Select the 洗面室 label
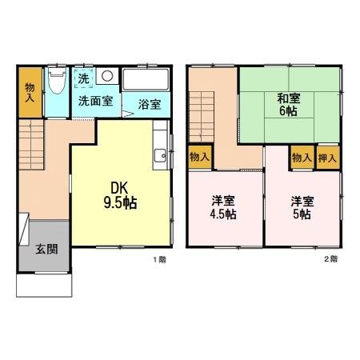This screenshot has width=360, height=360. tap(95, 102)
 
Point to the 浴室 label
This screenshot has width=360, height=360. tap(149, 103)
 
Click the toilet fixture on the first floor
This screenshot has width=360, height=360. tap(56, 81)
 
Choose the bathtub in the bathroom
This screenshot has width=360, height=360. tap(146, 80)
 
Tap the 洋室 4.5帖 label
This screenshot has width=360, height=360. tap(224, 207)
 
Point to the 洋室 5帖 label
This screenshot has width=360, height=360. tap(302, 207)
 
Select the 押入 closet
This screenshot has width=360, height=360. tap(327, 158)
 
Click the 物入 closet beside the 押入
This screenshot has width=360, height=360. tap(302, 158)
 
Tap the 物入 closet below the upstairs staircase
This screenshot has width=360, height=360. tap(198, 158)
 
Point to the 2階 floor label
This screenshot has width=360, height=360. tap(330, 260)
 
